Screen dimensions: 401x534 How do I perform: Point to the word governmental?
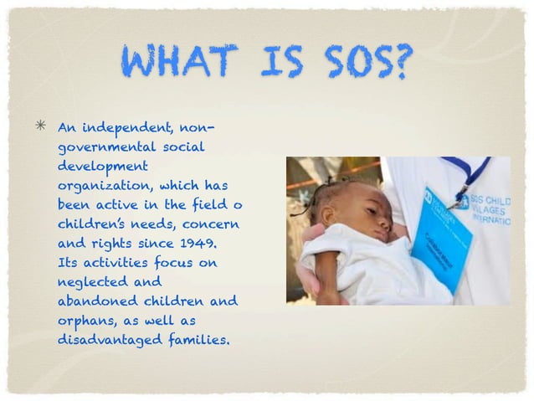click(106, 147)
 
